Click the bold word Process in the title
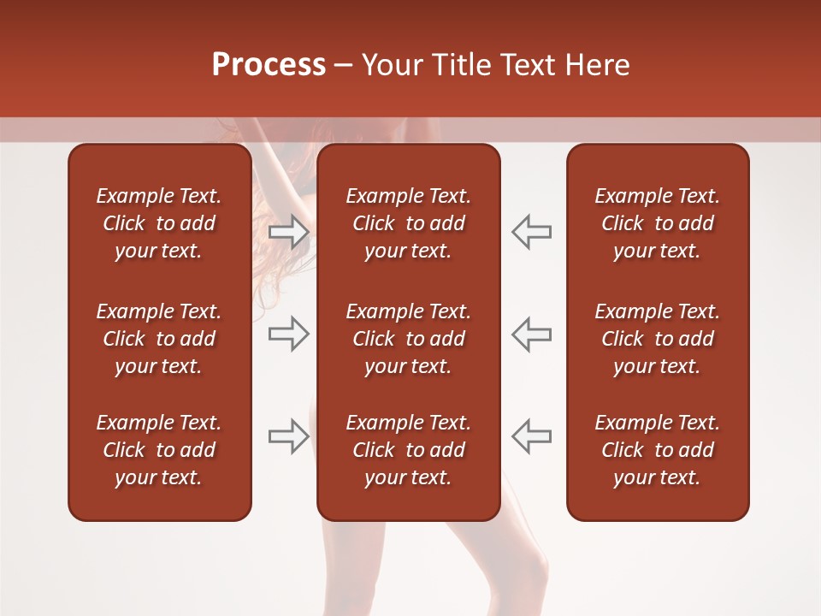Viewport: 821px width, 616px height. click(269, 65)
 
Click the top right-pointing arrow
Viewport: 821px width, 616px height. click(289, 231)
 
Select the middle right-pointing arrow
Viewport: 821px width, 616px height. click(289, 334)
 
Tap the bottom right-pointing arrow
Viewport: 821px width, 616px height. click(289, 436)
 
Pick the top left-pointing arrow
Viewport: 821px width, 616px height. click(531, 231)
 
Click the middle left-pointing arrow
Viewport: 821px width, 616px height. click(531, 334)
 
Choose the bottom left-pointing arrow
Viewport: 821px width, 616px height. click(531, 436)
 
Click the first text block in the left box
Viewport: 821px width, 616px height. click(159, 223)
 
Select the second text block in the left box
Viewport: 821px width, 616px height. click(159, 339)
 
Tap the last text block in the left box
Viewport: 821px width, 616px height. click(159, 450)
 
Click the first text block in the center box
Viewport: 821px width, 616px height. click(408, 223)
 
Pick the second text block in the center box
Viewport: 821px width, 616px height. click(408, 339)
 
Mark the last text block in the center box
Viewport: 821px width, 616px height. click(408, 450)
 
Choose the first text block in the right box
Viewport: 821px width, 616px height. click(657, 223)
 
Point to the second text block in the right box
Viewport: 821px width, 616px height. click(657, 339)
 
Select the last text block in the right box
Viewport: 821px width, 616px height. click(657, 450)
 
